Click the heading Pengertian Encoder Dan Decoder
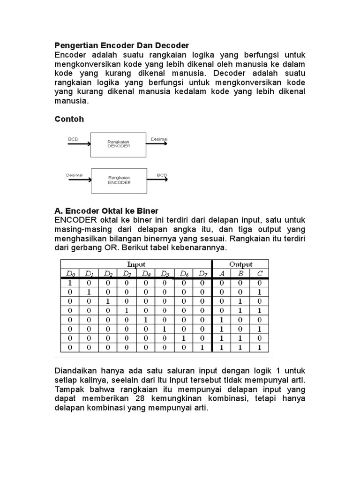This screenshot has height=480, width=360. point(121,45)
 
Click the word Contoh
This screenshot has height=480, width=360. point(69,119)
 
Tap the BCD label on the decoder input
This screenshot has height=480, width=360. point(74,139)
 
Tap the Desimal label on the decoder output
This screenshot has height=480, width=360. point(159,139)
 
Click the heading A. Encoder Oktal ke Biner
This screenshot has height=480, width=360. point(107,211)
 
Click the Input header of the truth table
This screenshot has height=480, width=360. point(136,264)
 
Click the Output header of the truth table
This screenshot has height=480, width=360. point(240,264)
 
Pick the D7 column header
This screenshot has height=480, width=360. point(202,273)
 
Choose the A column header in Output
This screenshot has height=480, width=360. point(222,273)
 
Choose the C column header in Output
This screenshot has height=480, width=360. point(259,273)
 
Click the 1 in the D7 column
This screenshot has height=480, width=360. point(202,348)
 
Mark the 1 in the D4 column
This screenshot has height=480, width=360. point(145,320)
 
